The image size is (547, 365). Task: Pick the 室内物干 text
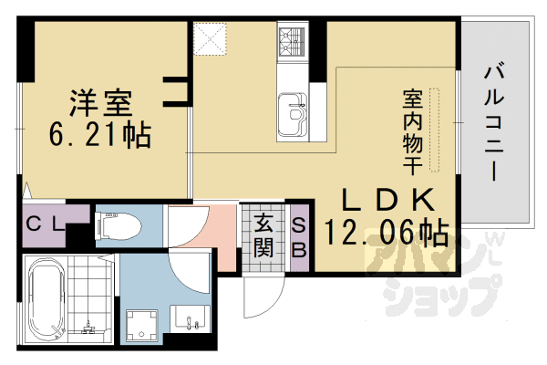coord(411,128)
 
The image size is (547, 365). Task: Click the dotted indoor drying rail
coord(435,129)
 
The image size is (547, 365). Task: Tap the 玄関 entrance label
coord(264,233)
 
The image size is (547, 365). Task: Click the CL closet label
coord(45,224)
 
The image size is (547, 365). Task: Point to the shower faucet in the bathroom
coord(88,325)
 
